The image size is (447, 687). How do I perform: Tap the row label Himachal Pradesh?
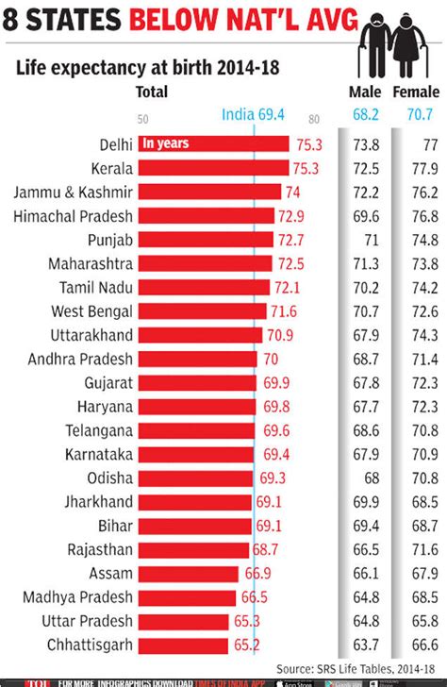(74, 216)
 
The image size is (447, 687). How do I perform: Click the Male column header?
(365, 92)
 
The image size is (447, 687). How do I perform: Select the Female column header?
(416, 92)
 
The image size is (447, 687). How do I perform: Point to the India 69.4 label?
(253, 114)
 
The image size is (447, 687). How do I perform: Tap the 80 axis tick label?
(313, 119)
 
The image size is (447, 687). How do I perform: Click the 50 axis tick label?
(143, 119)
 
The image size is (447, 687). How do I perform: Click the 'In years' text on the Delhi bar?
(166, 143)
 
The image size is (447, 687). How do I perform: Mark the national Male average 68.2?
(365, 114)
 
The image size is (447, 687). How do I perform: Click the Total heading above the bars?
(152, 92)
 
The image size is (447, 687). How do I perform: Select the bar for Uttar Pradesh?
(183, 621)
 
